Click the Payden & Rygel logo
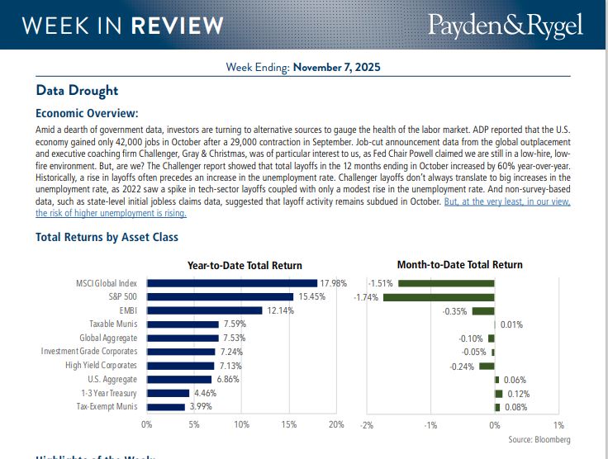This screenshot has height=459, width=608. (x=506, y=25)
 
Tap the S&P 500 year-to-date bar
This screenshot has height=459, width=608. (x=220, y=296)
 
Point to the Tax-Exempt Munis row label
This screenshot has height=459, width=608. (x=107, y=407)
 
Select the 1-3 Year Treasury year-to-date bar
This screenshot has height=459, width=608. (x=168, y=394)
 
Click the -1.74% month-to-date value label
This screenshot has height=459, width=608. (x=366, y=296)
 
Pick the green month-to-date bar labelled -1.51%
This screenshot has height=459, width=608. (x=446, y=283)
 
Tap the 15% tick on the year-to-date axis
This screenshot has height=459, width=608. (x=289, y=424)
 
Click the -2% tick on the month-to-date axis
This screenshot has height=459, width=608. (x=367, y=424)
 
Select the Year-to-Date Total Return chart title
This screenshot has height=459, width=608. (x=245, y=265)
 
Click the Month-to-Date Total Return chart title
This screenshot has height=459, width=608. (x=459, y=265)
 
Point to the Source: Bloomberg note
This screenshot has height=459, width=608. (x=539, y=439)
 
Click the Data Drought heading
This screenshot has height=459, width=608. (x=77, y=91)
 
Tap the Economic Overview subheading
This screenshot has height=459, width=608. (x=87, y=114)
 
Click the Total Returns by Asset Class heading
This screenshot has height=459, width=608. (x=107, y=237)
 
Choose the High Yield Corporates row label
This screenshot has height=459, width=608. (x=102, y=366)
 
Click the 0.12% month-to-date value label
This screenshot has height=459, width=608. (x=518, y=394)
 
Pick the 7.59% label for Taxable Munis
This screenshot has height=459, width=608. (x=235, y=324)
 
